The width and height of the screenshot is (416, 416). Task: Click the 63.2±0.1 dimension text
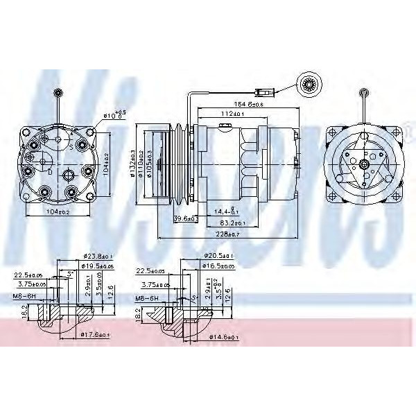point(233,223)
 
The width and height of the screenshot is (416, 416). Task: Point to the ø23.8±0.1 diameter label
point(96,256)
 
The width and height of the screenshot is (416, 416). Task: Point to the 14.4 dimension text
point(227,211)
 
